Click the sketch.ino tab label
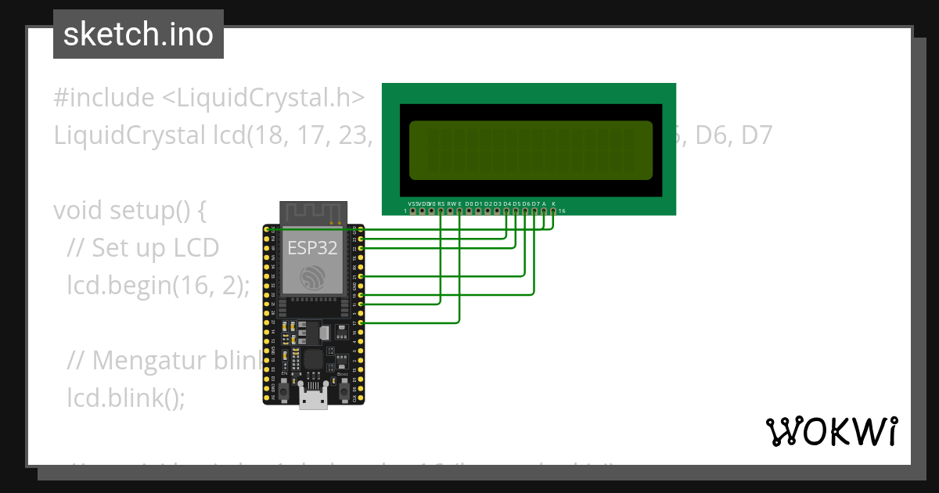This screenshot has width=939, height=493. pos(139,34)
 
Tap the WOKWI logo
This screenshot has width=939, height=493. pos(831,431)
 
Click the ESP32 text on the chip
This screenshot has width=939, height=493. pos(313,248)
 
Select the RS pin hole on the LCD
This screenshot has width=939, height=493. pos(441,211)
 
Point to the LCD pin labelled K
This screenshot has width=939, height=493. pos(553,211)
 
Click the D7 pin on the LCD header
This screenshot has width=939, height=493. pos(534,211)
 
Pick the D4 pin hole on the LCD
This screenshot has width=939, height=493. pos(506,211)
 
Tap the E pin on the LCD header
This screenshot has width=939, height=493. pos(459,211)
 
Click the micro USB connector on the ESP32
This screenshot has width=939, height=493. pos(313,399)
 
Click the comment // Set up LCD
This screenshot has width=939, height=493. pos(143,248)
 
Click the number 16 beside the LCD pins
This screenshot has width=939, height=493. pos(562,211)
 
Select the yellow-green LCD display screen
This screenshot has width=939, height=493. pos(530,149)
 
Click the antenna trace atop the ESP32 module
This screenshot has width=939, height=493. pos(313,212)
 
